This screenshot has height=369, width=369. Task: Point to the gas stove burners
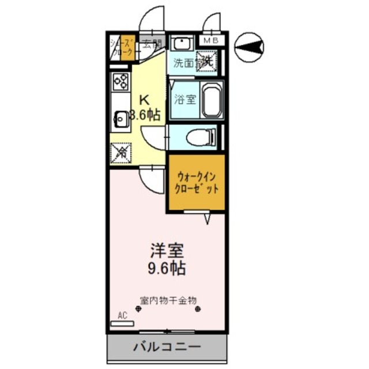click(x=120, y=82)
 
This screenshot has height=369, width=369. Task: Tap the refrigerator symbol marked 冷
click(x=121, y=152)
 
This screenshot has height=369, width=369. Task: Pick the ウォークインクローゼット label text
click(x=197, y=182)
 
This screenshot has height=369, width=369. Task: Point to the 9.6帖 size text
click(x=167, y=268)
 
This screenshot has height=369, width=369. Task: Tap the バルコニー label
click(x=167, y=348)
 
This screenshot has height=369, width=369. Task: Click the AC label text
click(x=122, y=315)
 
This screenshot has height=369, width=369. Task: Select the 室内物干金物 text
click(x=168, y=300)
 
